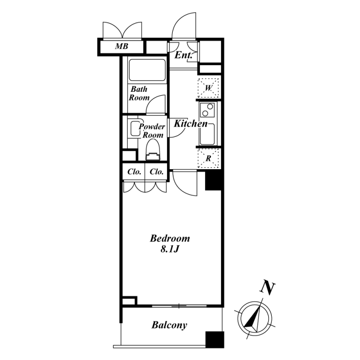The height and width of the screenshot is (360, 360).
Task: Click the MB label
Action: (x=121, y=46)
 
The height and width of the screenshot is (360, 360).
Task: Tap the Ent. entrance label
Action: (x=183, y=55)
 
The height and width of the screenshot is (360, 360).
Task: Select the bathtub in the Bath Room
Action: (x=147, y=70)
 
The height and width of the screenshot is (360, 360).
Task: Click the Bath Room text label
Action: (x=139, y=94)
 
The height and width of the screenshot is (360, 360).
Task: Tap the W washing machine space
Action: (x=208, y=88)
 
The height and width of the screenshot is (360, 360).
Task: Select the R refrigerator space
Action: (x=208, y=158)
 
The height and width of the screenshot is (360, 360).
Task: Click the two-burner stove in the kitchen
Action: (x=207, y=110)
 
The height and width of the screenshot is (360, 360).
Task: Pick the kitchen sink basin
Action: (x=207, y=134)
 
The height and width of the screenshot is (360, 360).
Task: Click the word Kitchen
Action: (x=190, y=123)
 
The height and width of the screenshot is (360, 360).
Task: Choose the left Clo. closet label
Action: (x=134, y=171)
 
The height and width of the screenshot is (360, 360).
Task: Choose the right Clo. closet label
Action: (x=157, y=171)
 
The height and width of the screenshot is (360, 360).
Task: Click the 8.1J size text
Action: (x=170, y=249)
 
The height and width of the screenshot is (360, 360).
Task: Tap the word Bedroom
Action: (x=170, y=238)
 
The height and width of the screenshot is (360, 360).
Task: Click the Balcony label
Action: (x=170, y=325)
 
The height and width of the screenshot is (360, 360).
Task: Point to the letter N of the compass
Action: (x=267, y=287)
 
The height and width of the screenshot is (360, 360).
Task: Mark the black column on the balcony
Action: (x=215, y=340)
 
